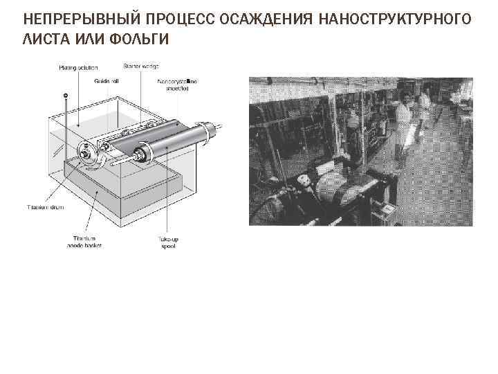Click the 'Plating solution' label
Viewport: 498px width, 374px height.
click(x=78, y=67)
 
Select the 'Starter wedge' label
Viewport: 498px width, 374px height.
click(x=140, y=66)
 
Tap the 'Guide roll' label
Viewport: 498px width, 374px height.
click(x=106, y=81)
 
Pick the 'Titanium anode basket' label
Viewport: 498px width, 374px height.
click(x=84, y=241)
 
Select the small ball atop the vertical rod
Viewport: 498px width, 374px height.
click(x=66, y=95)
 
